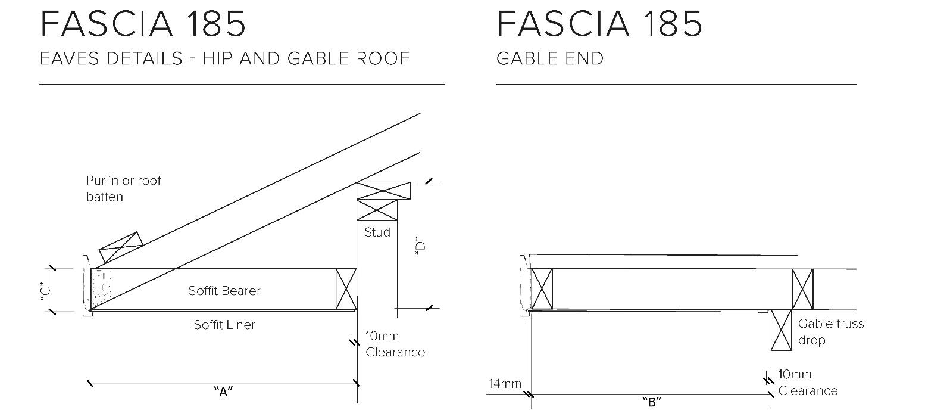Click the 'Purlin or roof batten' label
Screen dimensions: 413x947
[123, 188]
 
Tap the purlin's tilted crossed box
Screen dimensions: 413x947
[121, 247]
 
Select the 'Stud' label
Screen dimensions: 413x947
[377, 232]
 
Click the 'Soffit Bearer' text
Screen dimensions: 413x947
[224, 291]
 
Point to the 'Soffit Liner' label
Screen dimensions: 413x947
[224, 325]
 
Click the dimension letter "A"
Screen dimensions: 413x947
[223, 392]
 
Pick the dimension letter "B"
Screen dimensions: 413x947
[652, 402]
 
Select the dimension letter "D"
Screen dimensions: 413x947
[421, 246]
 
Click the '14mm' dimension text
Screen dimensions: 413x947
[505, 384]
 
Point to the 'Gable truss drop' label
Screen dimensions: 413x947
[830, 332]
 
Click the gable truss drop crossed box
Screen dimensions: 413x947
[781, 330]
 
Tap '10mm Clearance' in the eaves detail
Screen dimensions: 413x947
[395, 344]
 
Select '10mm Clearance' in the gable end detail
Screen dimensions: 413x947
[807, 383]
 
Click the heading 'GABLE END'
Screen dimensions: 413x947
[550, 58]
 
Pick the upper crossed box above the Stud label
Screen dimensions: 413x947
[384, 191]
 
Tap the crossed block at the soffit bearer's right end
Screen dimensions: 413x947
[346, 289]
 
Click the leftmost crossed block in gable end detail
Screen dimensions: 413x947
[541, 289]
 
